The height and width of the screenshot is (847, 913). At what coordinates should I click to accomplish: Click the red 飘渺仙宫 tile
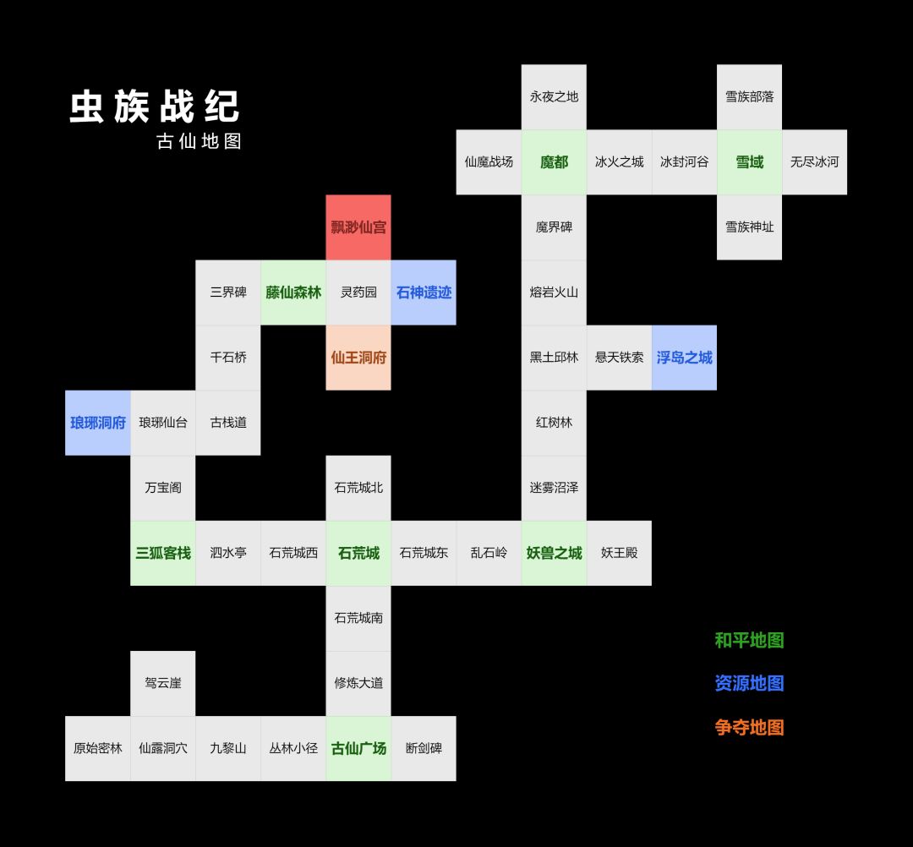[358, 227]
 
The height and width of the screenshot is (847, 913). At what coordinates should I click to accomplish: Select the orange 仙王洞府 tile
[358, 358]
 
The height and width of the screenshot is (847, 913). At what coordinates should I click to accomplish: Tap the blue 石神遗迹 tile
[424, 292]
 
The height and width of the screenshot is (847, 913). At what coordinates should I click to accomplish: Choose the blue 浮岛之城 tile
[684, 358]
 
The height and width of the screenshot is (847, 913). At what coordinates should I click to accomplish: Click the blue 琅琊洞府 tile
[98, 423]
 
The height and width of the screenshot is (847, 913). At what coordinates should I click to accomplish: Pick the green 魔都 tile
[554, 161]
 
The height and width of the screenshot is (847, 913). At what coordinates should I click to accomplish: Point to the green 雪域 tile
[749, 161]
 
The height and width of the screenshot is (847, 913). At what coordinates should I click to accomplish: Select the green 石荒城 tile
[358, 553]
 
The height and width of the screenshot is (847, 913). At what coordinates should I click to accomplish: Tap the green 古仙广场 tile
[358, 749]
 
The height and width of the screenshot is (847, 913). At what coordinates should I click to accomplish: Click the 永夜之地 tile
[554, 96]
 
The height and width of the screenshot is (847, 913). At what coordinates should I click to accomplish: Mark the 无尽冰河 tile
[815, 161]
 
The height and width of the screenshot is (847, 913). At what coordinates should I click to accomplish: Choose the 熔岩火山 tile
[554, 292]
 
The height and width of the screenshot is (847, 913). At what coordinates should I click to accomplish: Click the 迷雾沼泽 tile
[554, 488]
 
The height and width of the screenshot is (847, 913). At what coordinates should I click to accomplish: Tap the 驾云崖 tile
[162, 683]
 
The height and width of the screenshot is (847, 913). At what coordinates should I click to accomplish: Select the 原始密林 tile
[98, 749]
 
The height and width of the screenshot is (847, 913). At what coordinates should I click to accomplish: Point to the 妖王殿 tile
[619, 553]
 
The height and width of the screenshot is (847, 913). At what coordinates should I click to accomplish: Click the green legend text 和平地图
[749, 641]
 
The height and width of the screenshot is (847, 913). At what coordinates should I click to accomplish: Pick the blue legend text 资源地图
[749, 683]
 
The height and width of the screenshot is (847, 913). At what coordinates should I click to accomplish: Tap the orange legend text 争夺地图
[749, 727]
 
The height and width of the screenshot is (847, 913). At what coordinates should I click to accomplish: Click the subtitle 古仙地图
[200, 141]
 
